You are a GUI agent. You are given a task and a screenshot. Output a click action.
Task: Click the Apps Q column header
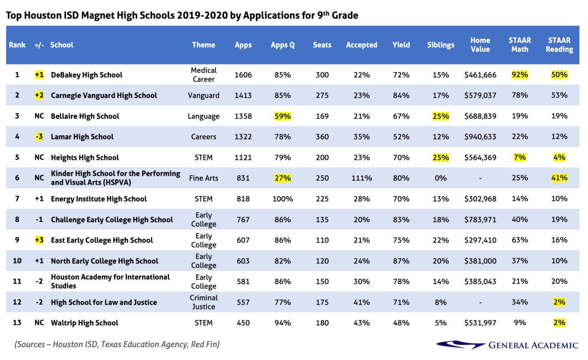point(283,45)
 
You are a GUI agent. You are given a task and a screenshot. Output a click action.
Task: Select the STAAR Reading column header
point(559,45)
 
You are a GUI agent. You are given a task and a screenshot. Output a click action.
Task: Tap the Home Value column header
point(480,45)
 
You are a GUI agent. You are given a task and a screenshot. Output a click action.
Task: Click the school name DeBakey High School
point(87,75)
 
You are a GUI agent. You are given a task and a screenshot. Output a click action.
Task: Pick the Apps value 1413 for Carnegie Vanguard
point(243,95)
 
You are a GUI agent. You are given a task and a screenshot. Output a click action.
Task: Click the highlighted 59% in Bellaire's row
point(283,116)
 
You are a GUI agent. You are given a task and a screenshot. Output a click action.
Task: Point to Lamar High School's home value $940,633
point(480,137)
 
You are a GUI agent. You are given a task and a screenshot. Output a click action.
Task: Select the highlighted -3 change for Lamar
point(39,137)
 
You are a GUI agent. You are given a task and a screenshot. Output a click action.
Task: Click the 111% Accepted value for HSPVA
point(361,178)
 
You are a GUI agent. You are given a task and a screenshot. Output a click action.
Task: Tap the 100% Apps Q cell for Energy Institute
point(283,199)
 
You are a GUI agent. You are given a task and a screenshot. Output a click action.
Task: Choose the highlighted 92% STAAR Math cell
point(519,75)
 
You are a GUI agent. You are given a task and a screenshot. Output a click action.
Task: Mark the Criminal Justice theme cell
point(203,302)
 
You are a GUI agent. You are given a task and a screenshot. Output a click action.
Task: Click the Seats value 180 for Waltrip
point(322,323)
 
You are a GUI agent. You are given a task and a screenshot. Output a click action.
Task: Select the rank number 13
point(17,323)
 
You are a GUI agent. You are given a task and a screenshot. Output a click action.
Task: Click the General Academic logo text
point(532,345)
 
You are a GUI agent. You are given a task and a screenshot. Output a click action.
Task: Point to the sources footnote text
point(117,344)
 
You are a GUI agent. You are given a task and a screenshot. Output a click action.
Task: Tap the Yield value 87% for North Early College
point(401,261)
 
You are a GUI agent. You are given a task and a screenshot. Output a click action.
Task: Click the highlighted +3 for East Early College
point(39,240)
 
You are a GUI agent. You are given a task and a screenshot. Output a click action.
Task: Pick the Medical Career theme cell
point(203,75)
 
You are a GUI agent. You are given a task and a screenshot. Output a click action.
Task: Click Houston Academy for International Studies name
point(110,281)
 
